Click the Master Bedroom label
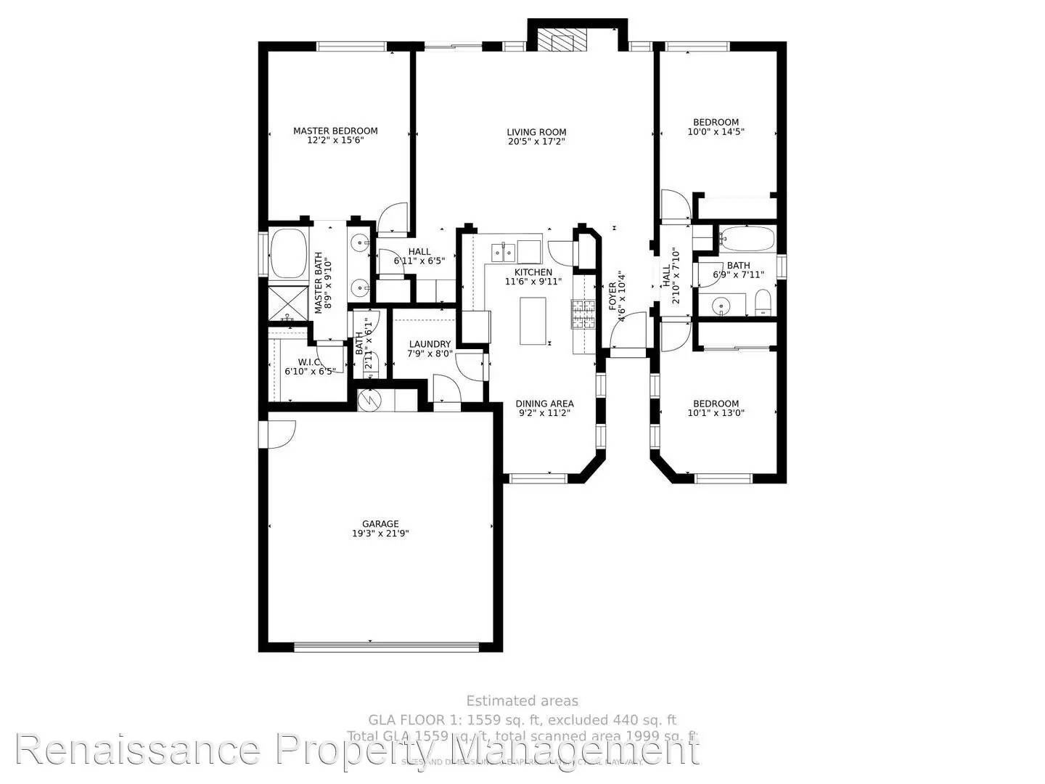335,131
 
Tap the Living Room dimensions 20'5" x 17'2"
536,142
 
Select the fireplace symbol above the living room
562,42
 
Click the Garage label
380,523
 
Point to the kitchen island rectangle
533,321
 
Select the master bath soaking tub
287,253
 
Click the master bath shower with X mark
287,303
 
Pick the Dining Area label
544,404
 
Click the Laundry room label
430,344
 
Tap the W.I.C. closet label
310,362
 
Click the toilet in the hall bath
763,303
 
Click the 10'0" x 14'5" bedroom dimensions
716,132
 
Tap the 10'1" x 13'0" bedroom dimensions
716,413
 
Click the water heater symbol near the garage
369,400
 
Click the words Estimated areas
522,701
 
